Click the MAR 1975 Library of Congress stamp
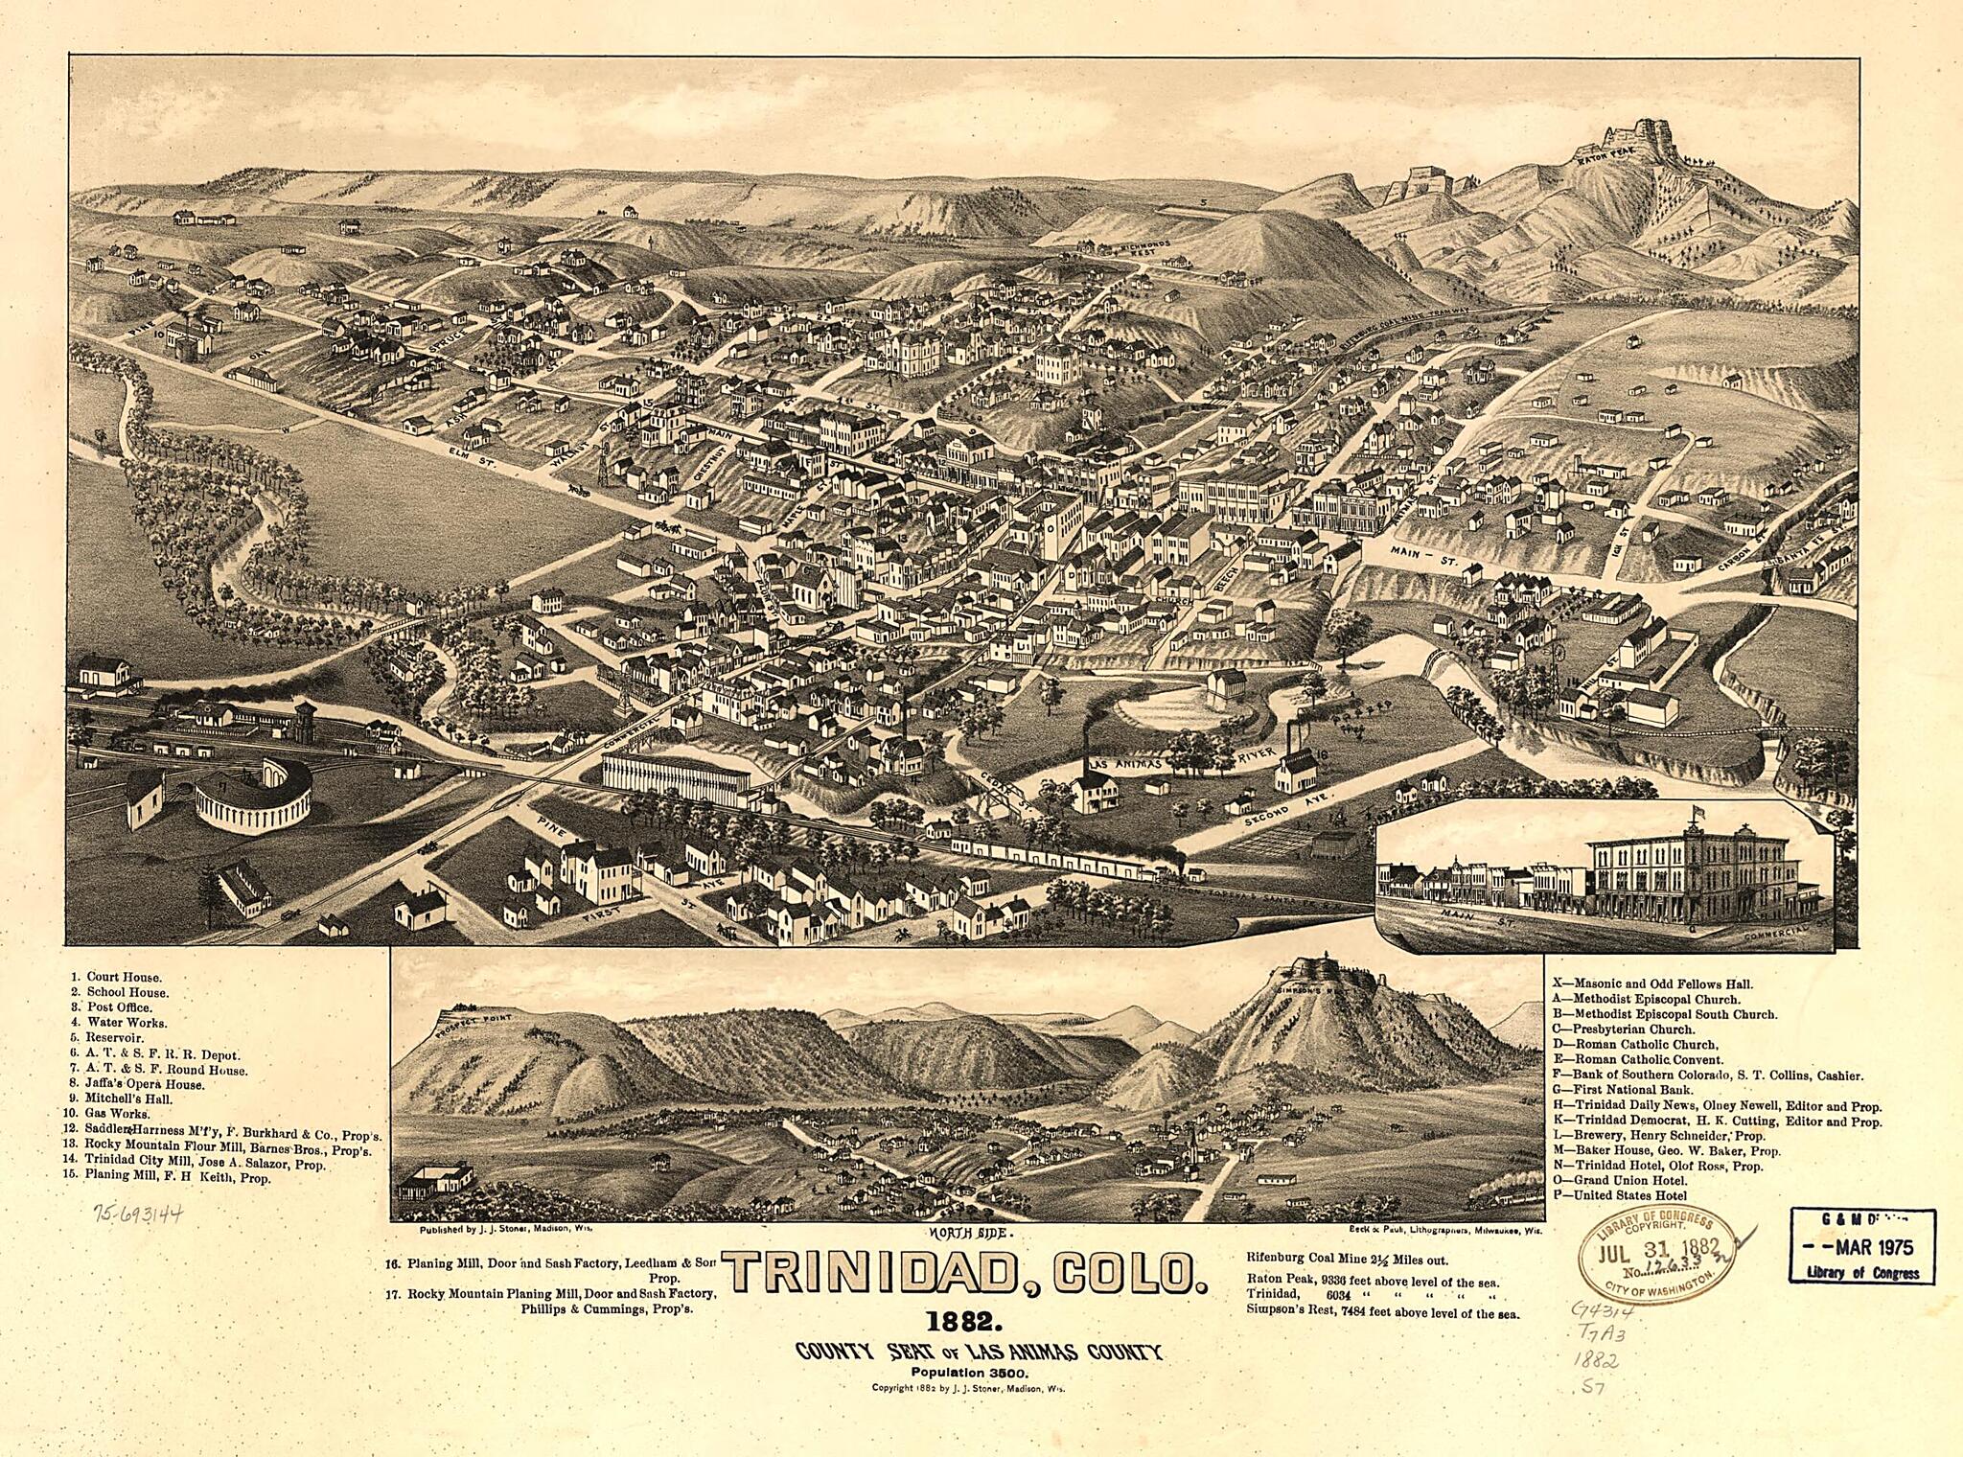tap(1860, 1248)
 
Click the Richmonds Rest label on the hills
tap(1124, 251)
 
